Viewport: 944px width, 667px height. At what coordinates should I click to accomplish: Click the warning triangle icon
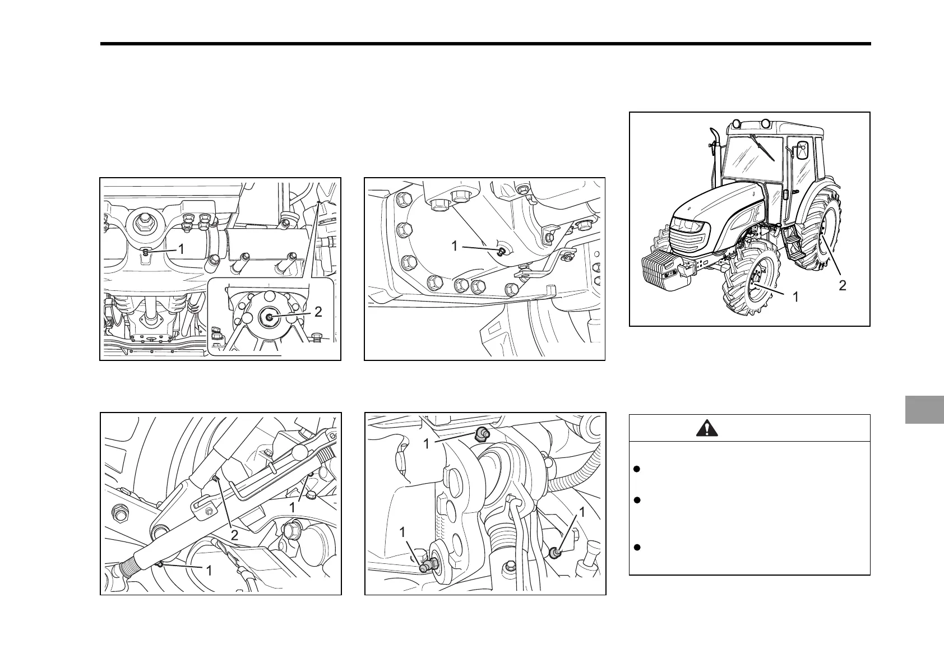[x=707, y=428]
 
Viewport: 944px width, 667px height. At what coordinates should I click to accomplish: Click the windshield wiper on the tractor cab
[x=762, y=147]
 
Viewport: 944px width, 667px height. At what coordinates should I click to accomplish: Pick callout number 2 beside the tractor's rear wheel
[x=842, y=286]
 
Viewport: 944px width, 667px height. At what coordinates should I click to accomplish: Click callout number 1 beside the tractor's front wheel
[x=795, y=297]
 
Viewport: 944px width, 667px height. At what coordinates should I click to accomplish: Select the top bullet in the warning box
[x=637, y=469]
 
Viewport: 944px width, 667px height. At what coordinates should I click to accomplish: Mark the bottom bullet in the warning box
[x=637, y=548]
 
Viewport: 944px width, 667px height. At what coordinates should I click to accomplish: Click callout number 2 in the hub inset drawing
[x=318, y=312]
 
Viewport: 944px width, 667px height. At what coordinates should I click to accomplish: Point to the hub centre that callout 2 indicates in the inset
[x=269, y=317]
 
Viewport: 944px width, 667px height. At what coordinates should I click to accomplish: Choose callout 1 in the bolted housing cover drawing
[x=454, y=246]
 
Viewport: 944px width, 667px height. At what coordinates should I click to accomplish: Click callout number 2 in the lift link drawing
[x=234, y=535]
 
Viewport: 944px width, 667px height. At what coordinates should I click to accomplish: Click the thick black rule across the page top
[x=485, y=44]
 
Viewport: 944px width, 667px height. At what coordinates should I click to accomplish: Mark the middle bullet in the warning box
[x=637, y=500]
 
